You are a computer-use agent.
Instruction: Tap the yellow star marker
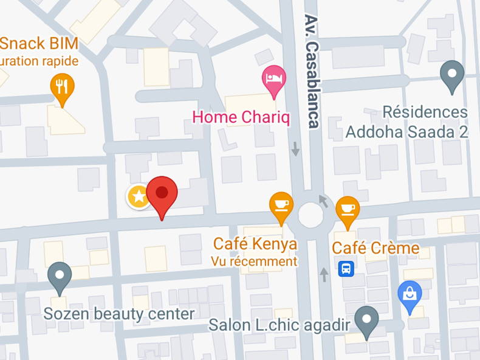139,196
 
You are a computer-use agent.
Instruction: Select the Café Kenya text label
255,244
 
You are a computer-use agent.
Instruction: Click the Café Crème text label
375,248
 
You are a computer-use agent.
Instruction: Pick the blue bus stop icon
346,268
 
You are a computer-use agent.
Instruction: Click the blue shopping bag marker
410,294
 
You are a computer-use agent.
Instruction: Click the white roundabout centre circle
310,214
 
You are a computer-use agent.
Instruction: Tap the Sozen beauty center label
119,314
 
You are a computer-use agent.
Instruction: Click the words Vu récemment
255,261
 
